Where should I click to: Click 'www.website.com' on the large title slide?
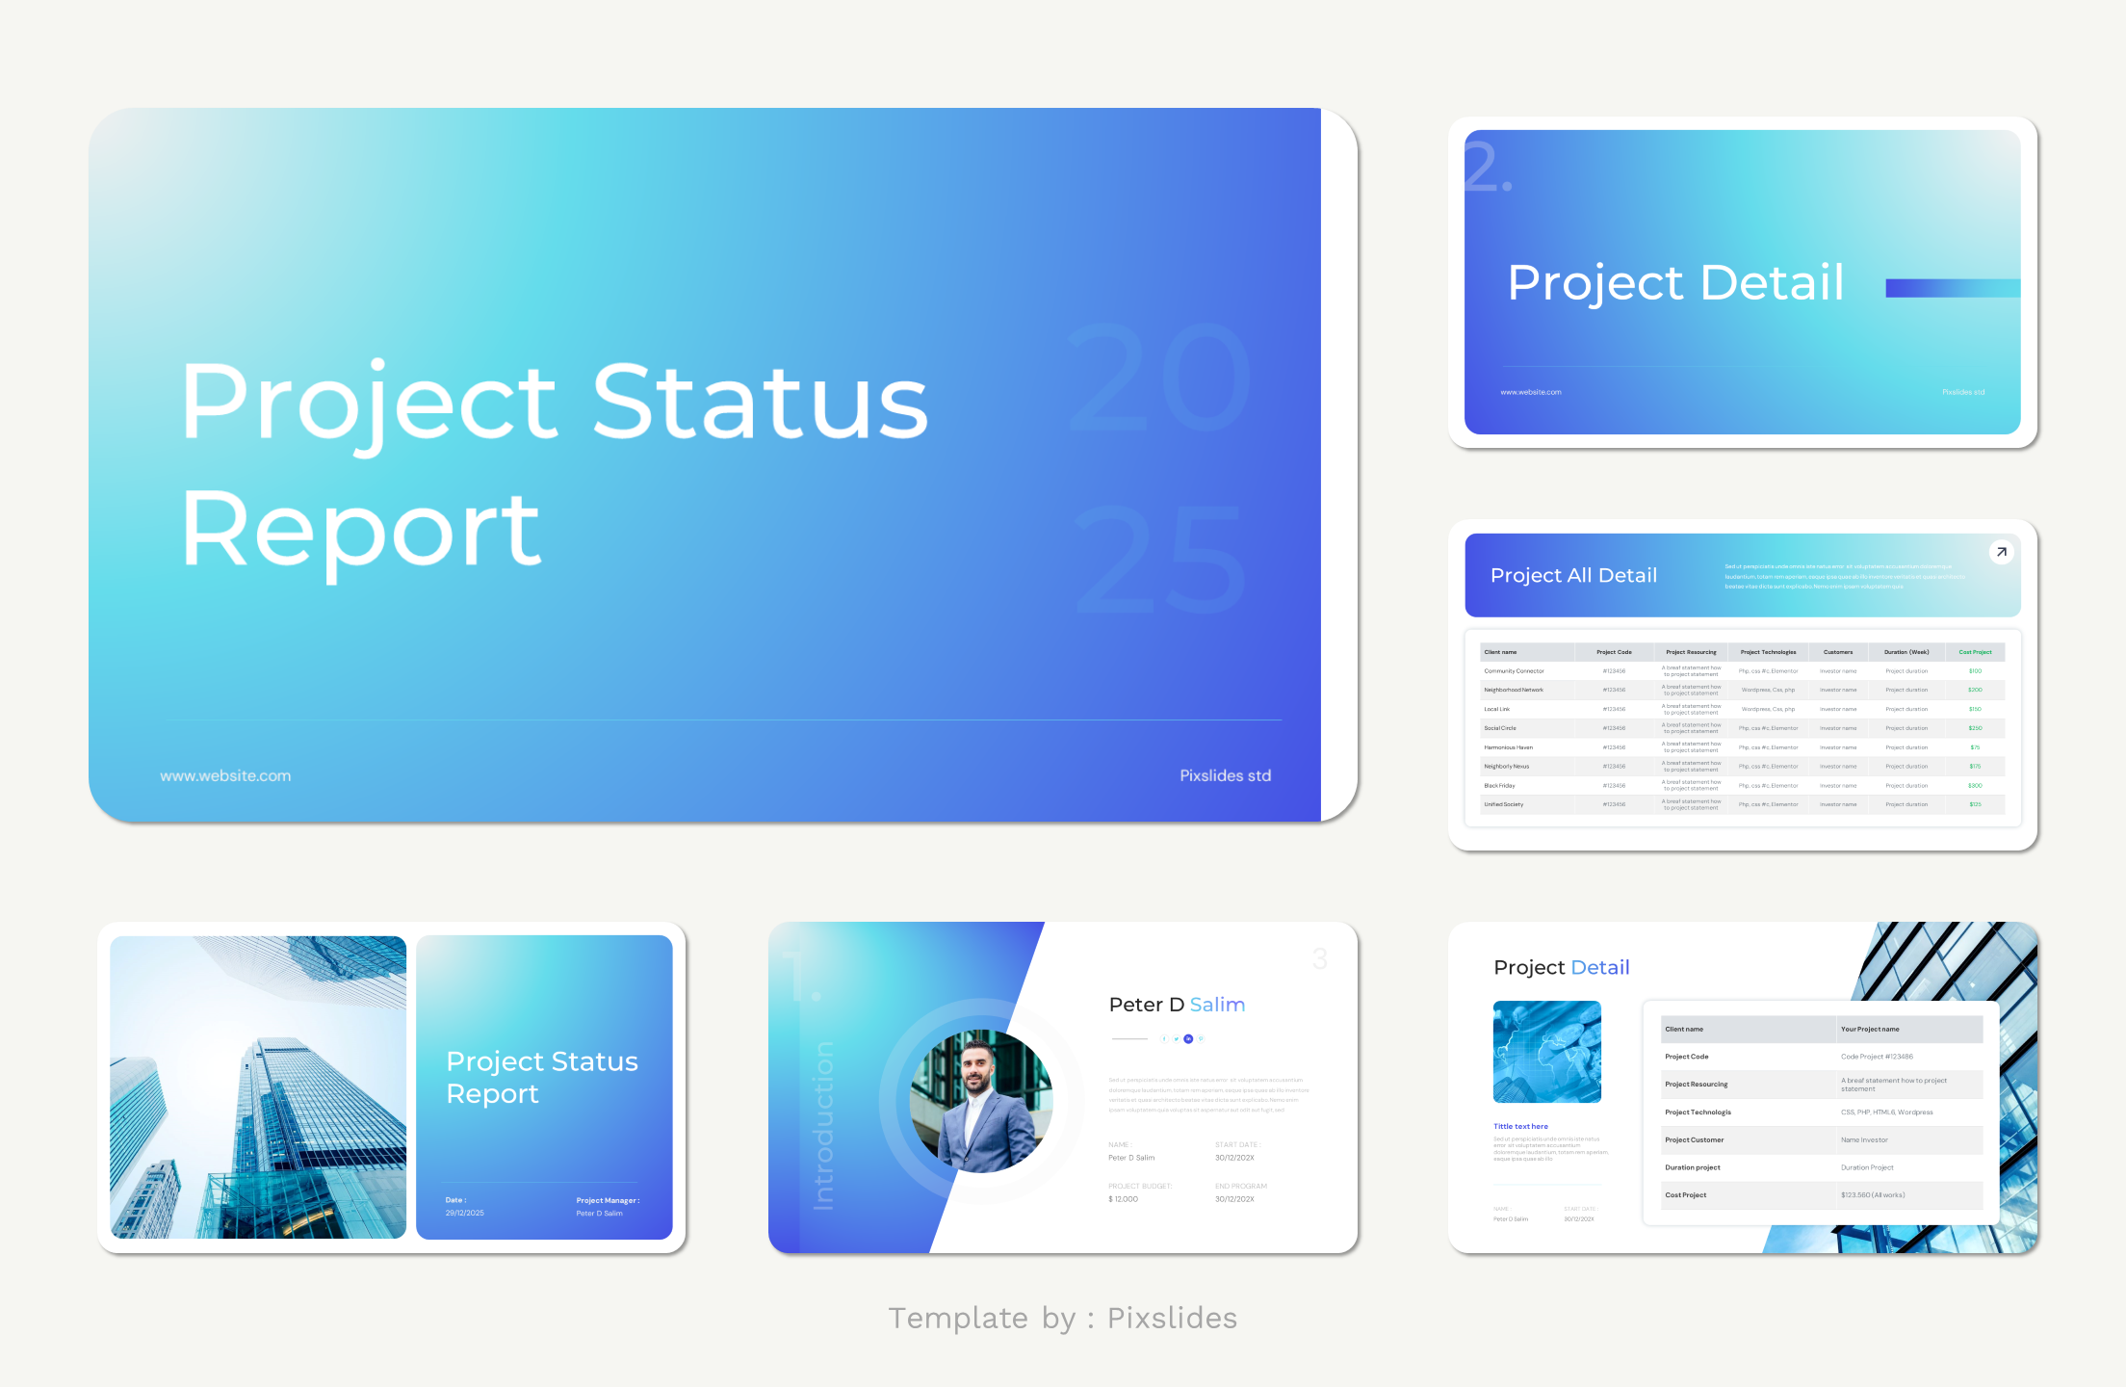coord(225,776)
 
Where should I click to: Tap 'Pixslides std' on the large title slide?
coord(1225,776)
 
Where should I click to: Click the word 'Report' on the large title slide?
coord(361,530)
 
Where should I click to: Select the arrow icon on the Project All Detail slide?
coord(2001,552)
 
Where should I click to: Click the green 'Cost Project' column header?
coord(1975,652)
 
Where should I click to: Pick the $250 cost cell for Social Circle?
coord(1975,728)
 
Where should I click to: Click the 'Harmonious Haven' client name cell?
coord(1508,747)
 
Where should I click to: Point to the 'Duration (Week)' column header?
coord(1906,652)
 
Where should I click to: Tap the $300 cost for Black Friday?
coord(1975,786)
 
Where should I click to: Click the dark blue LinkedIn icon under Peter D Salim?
coord(1188,1039)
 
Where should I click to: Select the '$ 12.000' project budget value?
coord(1124,1199)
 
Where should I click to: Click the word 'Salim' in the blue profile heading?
coord(1217,1005)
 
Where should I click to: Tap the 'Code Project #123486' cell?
coord(1877,1057)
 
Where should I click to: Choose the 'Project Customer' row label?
coord(1695,1140)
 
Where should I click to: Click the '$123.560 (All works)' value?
coord(1873,1195)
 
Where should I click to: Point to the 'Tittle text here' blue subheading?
coord(1520,1127)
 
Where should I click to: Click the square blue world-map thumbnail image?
coord(1546,1052)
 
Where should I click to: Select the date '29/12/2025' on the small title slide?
coord(464,1214)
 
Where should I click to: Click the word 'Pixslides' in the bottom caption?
coord(1172,1318)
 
